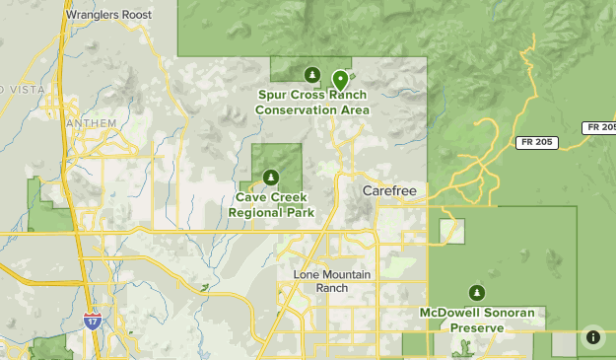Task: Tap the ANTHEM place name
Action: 90,122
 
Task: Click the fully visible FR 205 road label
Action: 536,143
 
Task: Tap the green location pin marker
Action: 340,79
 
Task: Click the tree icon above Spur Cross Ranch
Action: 312,74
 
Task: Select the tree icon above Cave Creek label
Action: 271,177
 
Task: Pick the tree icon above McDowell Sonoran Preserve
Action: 477,292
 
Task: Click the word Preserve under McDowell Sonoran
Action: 477,327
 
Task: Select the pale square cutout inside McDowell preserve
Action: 451,231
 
